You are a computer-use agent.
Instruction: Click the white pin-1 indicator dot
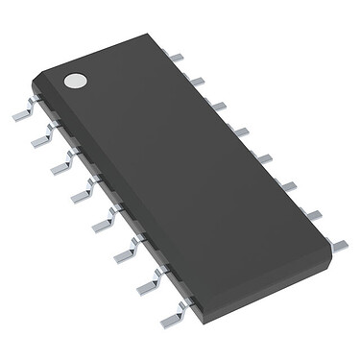[74, 82]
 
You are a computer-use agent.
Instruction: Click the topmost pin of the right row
[175, 58]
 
